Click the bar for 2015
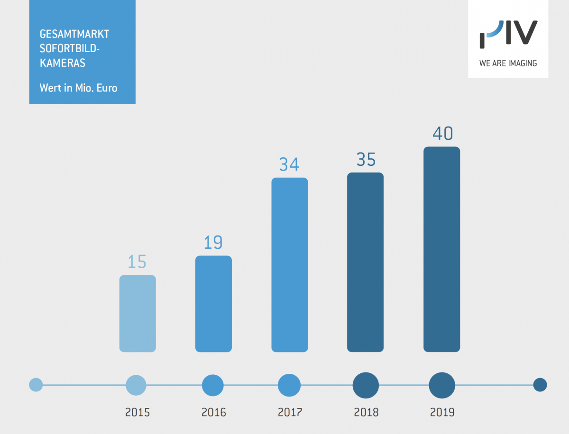[138, 314]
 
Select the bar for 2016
[213, 304]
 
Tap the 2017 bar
[290, 265]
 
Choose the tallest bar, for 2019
[441, 249]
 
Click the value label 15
[137, 262]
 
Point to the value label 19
[213, 243]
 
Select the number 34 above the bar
[289, 164]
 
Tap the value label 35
[366, 160]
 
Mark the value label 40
[442, 134]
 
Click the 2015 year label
[138, 412]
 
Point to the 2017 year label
[290, 412]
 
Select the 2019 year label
[442, 412]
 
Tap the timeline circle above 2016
[213, 385]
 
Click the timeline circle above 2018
[366, 385]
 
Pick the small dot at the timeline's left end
[36, 385]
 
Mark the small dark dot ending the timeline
[540, 385]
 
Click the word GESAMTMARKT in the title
[74, 34]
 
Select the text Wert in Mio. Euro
[78, 88]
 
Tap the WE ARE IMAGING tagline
[508, 63]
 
